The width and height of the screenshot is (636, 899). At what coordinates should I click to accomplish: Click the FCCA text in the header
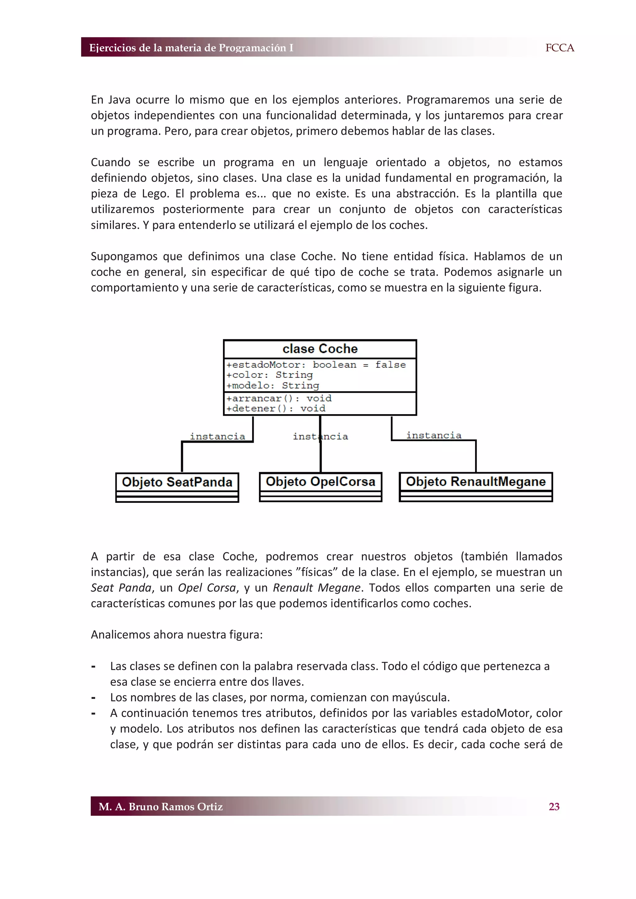tap(559, 48)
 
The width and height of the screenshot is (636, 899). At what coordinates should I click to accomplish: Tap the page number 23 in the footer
tap(554, 806)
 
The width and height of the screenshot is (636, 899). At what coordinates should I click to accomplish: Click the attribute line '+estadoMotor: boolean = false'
tap(316, 365)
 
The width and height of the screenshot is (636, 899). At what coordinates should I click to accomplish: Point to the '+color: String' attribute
tap(270, 375)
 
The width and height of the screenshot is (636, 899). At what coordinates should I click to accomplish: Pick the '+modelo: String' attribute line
tap(273, 385)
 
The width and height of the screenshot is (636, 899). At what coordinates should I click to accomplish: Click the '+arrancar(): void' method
tap(279, 398)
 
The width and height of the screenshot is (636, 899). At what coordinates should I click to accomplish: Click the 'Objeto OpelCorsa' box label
tap(320, 481)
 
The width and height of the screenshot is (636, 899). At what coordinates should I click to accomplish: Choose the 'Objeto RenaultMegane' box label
tap(475, 481)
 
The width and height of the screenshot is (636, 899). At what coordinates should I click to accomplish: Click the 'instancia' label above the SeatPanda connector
tap(217, 436)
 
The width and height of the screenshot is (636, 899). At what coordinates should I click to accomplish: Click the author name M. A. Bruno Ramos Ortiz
tap(161, 806)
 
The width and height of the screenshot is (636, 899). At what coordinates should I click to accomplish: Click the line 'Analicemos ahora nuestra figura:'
tap(177, 634)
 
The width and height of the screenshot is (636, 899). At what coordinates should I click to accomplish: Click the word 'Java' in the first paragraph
tap(119, 100)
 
